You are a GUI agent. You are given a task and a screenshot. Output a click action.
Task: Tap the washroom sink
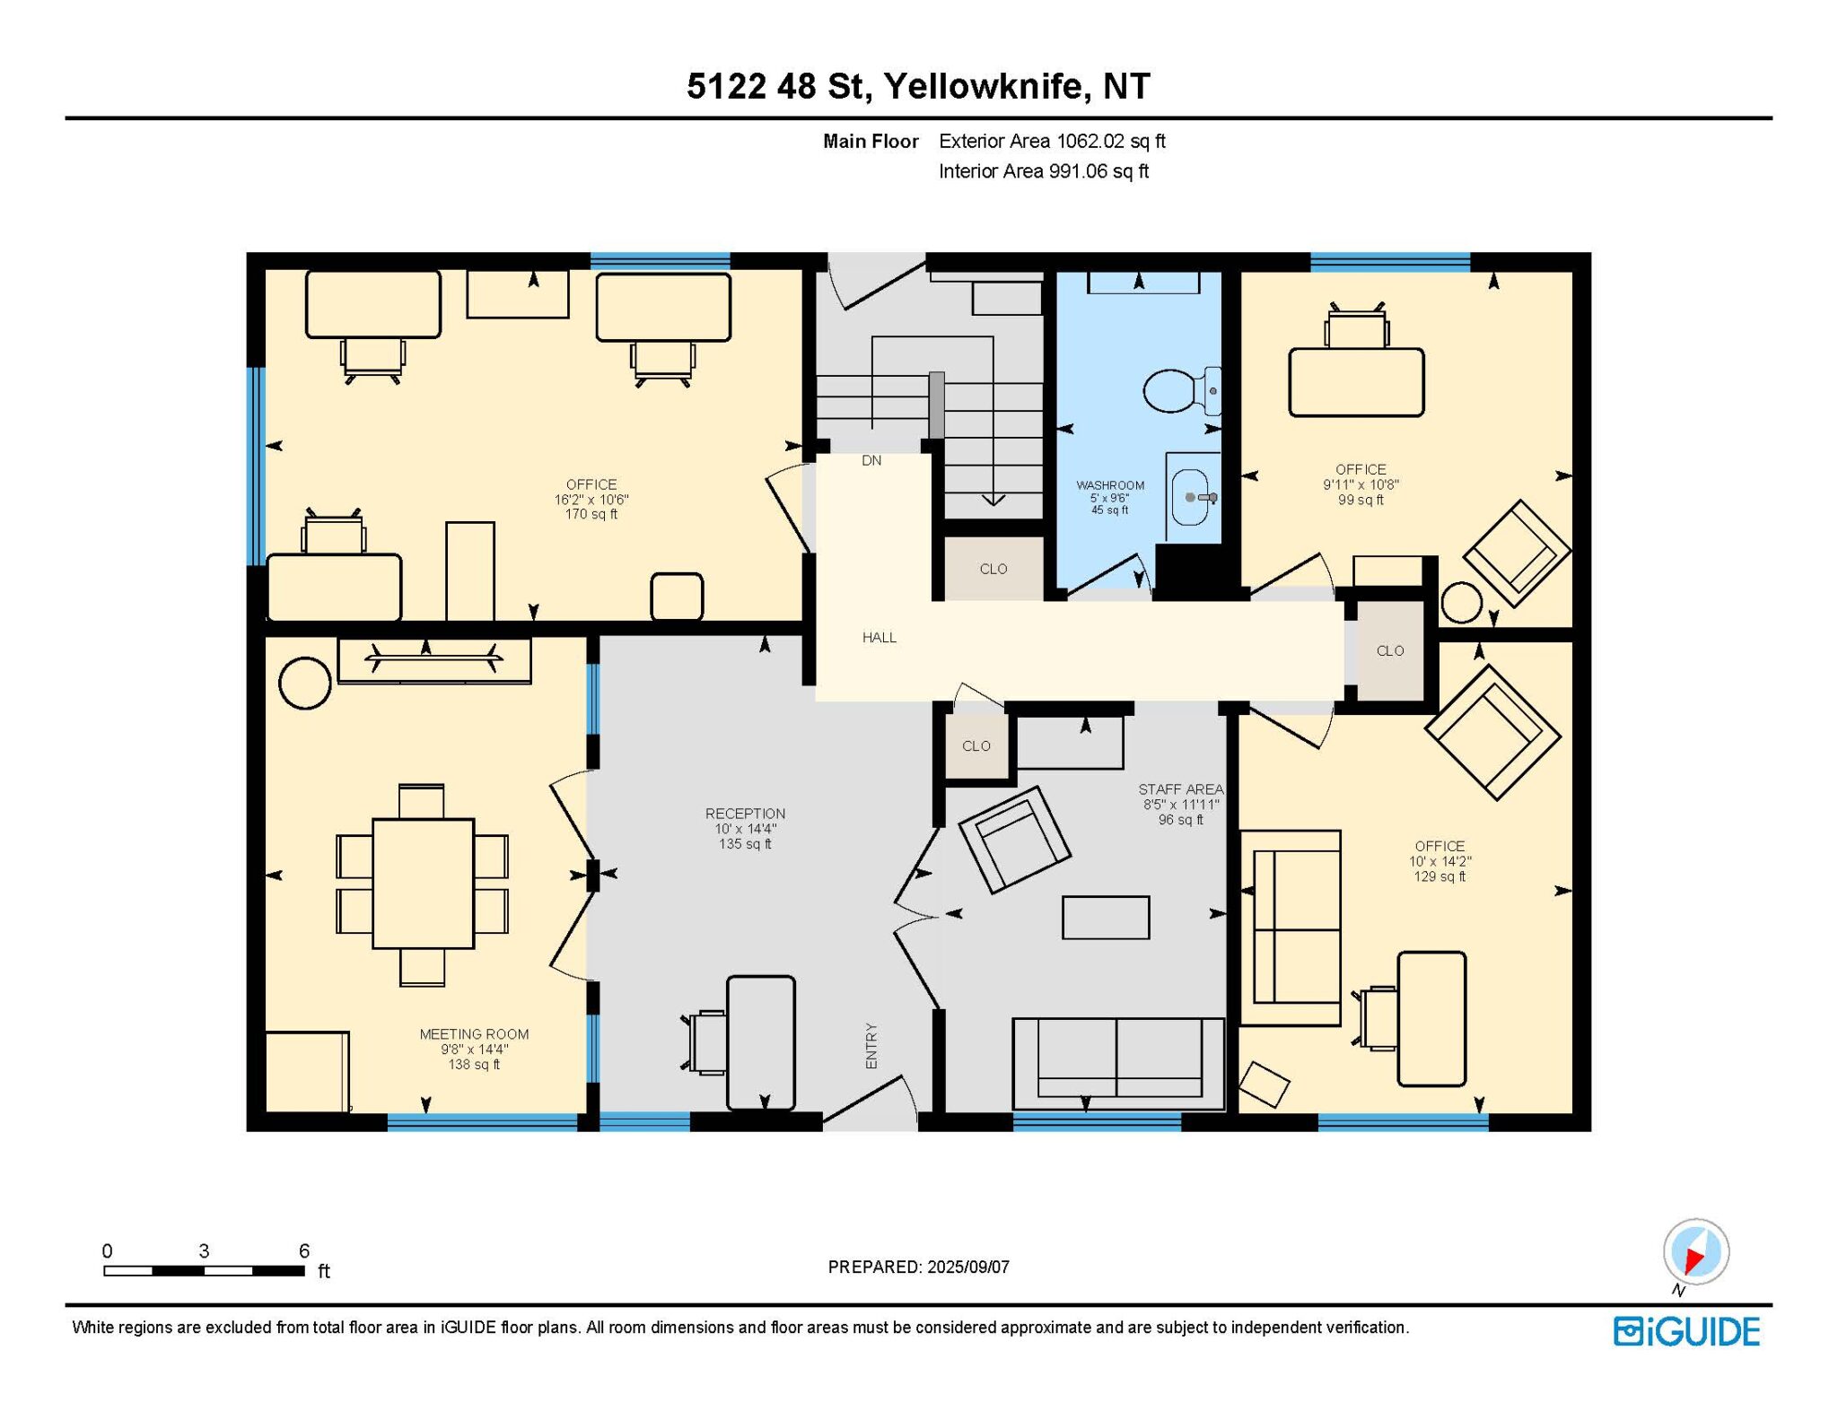coord(1194,496)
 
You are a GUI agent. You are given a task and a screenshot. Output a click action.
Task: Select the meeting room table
coord(423,884)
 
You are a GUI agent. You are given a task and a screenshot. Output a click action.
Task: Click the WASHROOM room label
coord(1110,485)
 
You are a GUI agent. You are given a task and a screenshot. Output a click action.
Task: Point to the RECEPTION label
coord(745,814)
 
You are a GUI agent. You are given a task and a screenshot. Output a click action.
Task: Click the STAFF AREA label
coord(1180,789)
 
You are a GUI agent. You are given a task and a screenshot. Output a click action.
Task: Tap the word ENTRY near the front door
coord(871,1046)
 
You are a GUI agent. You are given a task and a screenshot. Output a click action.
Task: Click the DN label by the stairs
coord(871,460)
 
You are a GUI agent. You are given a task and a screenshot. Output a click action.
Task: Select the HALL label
coord(880,638)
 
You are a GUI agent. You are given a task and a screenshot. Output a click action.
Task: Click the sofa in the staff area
coord(1118,1064)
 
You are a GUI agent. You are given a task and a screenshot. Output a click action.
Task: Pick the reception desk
coord(761,1042)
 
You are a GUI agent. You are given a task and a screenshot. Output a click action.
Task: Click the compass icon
coord(1695,1251)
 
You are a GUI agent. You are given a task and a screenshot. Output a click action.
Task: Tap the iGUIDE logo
coord(1686,1332)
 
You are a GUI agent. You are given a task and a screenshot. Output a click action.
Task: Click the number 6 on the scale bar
coord(304,1250)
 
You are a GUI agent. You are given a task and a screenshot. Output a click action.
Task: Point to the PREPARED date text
coord(918,1267)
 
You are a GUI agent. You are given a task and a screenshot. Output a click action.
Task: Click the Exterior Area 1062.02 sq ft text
coord(1052,141)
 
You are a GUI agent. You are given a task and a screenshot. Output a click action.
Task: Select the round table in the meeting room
coord(305,683)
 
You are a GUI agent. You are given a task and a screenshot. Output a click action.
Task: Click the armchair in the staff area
coord(1014,840)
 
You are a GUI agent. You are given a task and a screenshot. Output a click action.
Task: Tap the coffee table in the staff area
coord(1106,918)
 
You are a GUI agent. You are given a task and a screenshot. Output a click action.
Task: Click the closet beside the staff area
coord(976,746)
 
